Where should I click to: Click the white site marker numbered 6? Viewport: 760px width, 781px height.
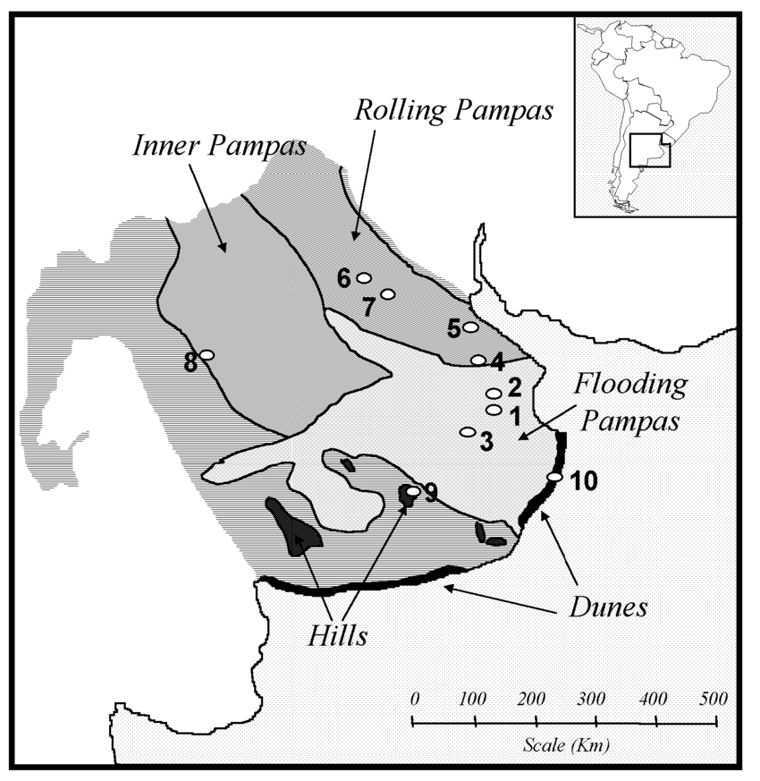(363, 278)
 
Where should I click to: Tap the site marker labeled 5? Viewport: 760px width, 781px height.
(471, 327)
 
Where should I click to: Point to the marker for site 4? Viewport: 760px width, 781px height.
(478, 360)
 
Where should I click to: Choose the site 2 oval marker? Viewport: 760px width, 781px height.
(493, 393)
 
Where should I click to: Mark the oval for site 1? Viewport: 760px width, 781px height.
(493, 410)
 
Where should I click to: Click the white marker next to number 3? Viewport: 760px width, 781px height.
(467, 432)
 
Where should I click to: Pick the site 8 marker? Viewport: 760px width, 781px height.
(207, 355)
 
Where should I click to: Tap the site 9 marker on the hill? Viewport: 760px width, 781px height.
(412, 491)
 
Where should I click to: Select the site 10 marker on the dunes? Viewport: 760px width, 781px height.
(554, 478)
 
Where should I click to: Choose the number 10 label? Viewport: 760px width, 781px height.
(583, 481)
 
